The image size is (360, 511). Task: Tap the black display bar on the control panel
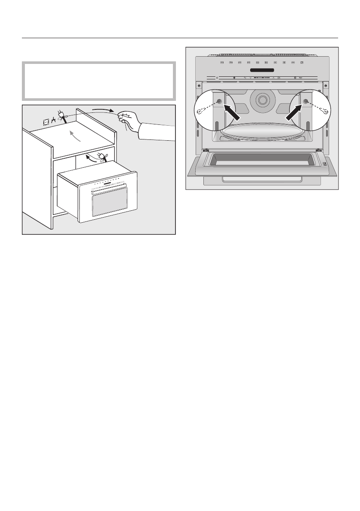pyautogui.click(x=263, y=70)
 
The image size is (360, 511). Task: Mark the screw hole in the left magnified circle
pyautogui.click(x=219, y=101)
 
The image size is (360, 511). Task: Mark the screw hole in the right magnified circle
pyautogui.click(x=306, y=101)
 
